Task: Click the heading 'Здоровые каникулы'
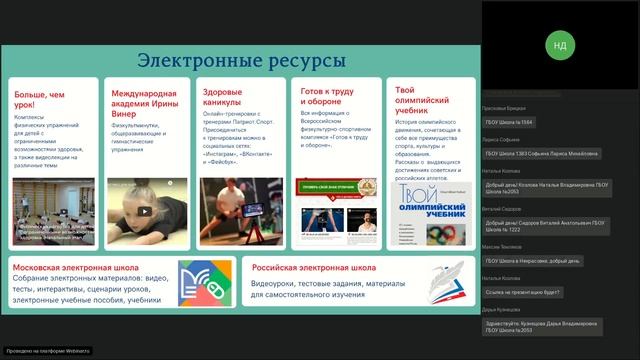(x=222, y=96)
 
